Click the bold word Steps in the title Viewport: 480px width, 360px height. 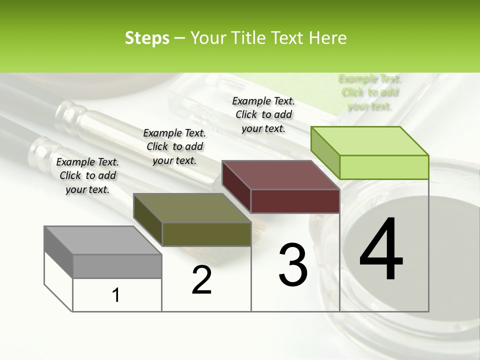click(147, 38)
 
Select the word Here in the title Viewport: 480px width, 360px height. click(328, 38)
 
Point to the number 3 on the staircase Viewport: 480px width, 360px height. click(293, 264)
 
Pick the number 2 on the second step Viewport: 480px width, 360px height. click(201, 280)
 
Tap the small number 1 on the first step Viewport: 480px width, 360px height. click(116, 295)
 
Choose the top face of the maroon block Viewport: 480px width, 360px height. click(281, 174)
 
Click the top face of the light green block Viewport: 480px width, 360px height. click(370, 140)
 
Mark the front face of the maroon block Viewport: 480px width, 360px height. click(295, 201)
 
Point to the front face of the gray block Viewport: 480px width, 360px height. click(117, 266)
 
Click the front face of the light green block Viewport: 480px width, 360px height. click(384, 167)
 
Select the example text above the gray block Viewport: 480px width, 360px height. click(87, 175)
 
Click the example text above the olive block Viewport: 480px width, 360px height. click(174, 146)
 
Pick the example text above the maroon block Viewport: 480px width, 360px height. click(263, 114)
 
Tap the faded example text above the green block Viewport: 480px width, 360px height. click(370, 92)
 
